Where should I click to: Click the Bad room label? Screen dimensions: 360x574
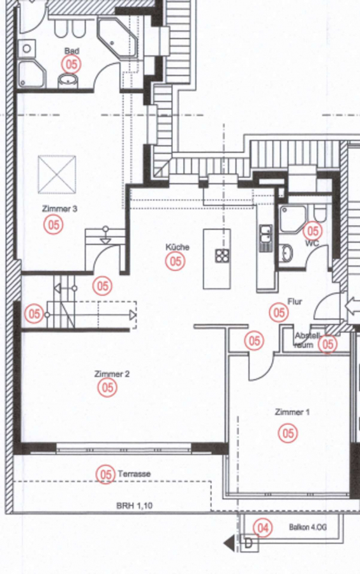click(x=71, y=50)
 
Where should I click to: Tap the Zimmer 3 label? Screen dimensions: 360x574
click(x=60, y=209)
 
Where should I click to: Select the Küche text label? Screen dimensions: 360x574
click(x=177, y=247)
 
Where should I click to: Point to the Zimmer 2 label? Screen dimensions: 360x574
click(x=112, y=374)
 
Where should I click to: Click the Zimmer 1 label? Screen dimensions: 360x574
click(x=292, y=412)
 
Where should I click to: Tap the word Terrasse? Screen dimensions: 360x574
click(x=134, y=474)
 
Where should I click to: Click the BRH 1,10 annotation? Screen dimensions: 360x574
click(x=135, y=506)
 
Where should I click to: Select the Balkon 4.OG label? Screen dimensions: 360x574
click(x=308, y=527)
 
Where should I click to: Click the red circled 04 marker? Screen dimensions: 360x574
click(x=262, y=528)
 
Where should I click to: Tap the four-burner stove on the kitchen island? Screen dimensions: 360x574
click(x=221, y=256)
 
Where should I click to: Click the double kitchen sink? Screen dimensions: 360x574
click(x=266, y=239)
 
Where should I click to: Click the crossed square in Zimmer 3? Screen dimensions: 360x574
click(x=57, y=174)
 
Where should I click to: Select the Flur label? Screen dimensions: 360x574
click(x=295, y=302)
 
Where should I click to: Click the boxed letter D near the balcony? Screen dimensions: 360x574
click(x=250, y=543)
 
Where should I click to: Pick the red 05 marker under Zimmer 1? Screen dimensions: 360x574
click(x=288, y=434)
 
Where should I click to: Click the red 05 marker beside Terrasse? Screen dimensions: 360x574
click(x=105, y=475)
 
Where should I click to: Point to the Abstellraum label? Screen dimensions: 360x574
click(x=307, y=340)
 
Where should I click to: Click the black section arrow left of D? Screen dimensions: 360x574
click(x=230, y=543)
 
